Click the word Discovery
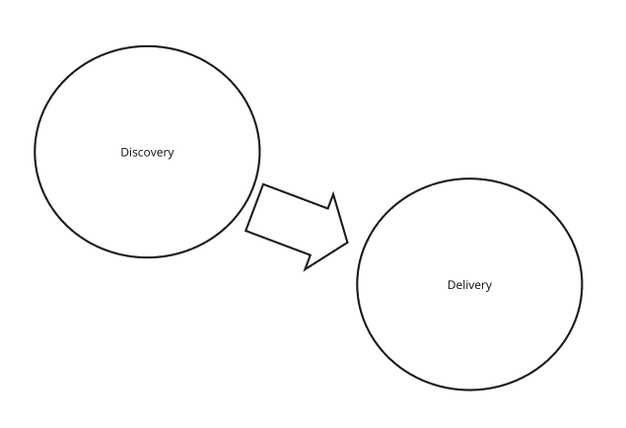(147, 152)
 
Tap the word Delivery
(469, 285)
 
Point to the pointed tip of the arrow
(348, 242)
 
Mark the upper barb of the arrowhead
(332, 194)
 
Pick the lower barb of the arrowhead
(306, 268)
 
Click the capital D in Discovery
(124, 152)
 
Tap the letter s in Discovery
(135, 153)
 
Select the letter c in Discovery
(141, 153)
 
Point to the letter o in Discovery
(147, 153)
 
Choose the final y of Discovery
(171, 154)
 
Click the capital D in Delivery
(451, 285)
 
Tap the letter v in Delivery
(471, 286)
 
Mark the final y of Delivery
(488, 287)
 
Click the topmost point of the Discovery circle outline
(148, 45)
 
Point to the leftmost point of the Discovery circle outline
(35, 152)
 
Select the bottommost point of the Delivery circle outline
(469, 391)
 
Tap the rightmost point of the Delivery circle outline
(583, 284)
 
